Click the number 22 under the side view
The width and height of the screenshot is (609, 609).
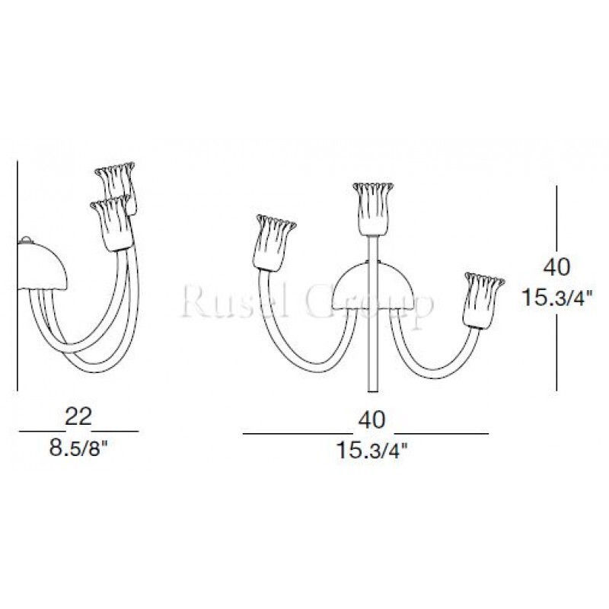[78, 416]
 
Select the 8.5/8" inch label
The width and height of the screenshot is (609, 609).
[78, 448]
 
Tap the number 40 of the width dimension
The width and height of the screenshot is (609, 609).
[371, 419]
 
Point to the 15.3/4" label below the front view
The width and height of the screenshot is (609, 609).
[372, 451]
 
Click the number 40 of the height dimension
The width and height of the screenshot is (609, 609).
[556, 267]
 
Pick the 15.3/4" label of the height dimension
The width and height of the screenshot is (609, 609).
[557, 297]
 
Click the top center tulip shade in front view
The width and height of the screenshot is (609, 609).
[373, 209]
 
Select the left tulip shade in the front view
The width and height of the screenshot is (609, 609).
[273, 242]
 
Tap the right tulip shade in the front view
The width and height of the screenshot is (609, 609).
[483, 300]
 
